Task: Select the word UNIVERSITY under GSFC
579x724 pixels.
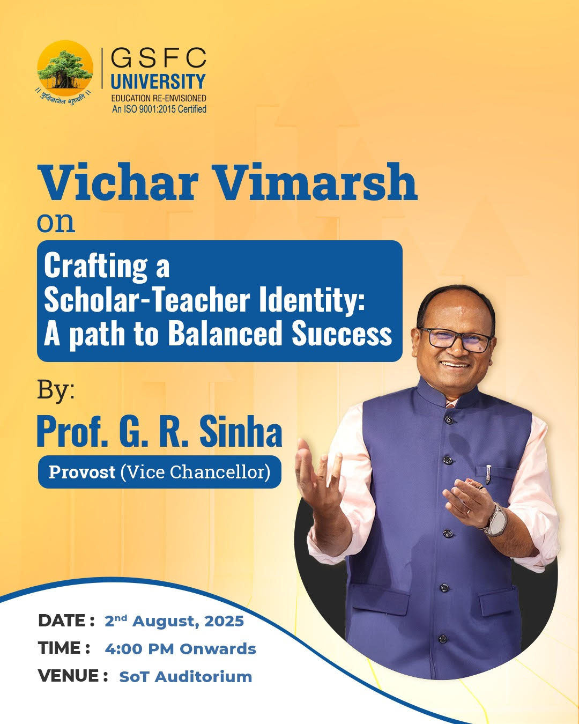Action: (x=158, y=82)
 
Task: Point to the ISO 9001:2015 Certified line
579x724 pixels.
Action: (x=159, y=109)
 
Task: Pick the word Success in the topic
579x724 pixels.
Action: (x=342, y=334)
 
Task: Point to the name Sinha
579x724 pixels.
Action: (x=241, y=432)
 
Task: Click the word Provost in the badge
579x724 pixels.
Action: (x=82, y=472)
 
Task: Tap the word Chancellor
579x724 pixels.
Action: (x=220, y=472)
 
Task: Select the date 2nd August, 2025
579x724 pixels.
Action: (x=174, y=621)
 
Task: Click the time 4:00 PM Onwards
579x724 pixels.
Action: (x=180, y=649)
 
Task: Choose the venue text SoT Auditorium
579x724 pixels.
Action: (x=185, y=677)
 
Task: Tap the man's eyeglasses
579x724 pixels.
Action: (x=456, y=339)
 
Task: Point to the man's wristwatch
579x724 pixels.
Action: (x=496, y=520)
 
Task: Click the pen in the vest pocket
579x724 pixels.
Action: (x=488, y=473)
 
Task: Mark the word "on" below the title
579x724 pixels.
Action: (x=56, y=221)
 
